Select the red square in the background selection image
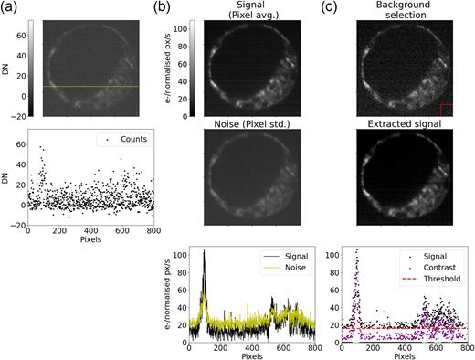447,110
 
